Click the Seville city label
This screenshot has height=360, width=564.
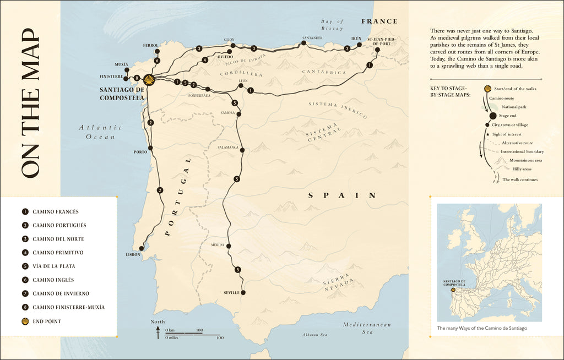(231, 293)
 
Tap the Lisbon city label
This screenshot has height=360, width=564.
(133, 254)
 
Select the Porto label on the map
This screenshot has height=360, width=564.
(140, 152)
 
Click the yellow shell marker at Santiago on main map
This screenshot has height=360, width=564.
(149, 80)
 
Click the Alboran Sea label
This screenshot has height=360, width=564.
(314, 335)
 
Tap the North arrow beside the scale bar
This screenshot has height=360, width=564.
(158, 330)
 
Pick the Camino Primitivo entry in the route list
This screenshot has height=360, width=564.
(58, 253)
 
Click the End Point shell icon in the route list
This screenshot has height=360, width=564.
(25, 321)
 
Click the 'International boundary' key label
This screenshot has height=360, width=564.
(523, 151)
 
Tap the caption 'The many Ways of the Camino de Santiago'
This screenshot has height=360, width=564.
(482, 329)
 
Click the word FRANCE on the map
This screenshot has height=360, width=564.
(379, 21)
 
